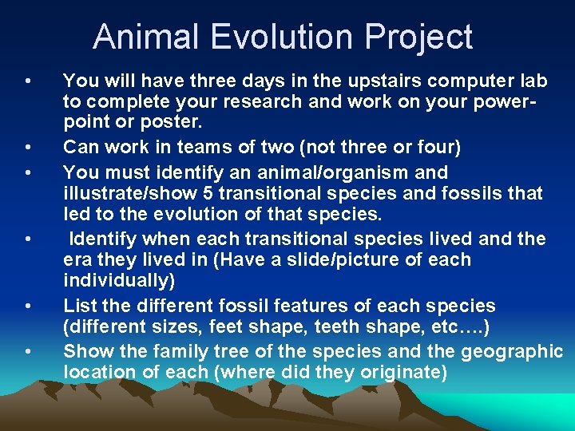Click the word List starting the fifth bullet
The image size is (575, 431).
tap(78, 306)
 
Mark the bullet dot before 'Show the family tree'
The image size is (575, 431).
tap(28, 352)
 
